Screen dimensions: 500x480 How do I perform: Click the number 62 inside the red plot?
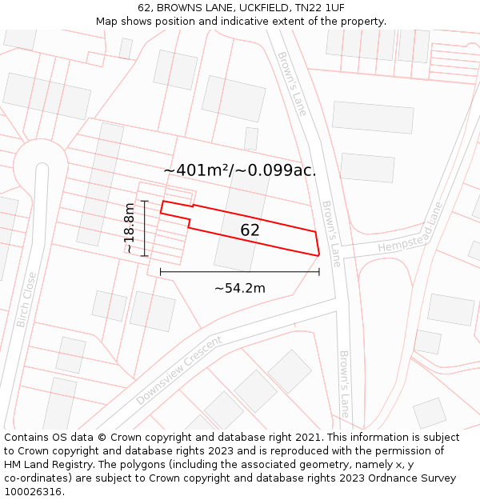click(x=250, y=230)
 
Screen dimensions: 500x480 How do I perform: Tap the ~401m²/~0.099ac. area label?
click(x=239, y=170)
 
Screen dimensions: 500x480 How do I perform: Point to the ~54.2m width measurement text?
click(x=239, y=288)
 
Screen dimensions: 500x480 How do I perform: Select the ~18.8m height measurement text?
click(x=129, y=228)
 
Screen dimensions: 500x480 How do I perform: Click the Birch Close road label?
click(x=26, y=299)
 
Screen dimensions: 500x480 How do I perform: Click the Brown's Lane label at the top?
click(x=292, y=83)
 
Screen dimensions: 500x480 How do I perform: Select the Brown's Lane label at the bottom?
click(x=344, y=384)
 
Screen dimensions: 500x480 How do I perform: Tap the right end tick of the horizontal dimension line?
click(x=319, y=272)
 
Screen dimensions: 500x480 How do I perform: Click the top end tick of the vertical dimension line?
click(x=145, y=201)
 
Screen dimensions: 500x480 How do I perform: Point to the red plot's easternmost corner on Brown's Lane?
click(x=319, y=255)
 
